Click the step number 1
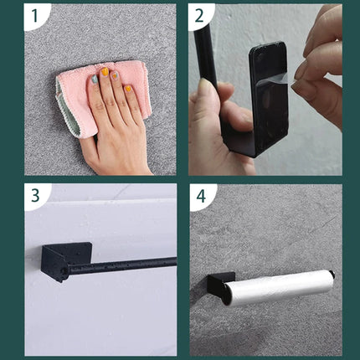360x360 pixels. pos(35,16)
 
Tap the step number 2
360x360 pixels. pos(199,16)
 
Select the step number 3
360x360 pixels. pos(35,196)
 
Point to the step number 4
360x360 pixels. pos(201,196)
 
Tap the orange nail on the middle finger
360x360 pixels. pos(105,72)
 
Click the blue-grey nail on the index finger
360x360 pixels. pos(95,80)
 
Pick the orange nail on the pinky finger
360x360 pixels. pos(128,89)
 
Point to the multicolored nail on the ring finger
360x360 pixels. pos(115,75)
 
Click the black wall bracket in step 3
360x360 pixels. pos(65,261)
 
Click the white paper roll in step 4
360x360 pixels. pos(279,287)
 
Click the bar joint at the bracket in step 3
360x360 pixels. pos(64,271)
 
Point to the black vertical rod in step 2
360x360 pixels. pos(206,56)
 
